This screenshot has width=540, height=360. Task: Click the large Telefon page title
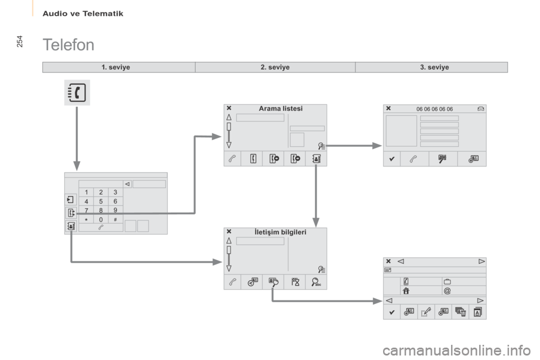click(x=68, y=45)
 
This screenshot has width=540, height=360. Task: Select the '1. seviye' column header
click(x=116, y=67)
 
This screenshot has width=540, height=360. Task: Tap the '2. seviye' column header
click(x=275, y=67)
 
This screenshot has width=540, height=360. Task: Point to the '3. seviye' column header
click(x=434, y=67)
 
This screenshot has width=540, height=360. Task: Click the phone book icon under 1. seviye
click(x=77, y=93)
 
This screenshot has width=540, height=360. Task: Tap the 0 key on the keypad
click(x=101, y=219)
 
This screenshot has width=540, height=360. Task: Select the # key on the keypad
click(x=115, y=219)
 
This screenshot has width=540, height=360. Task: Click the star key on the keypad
click(x=87, y=219)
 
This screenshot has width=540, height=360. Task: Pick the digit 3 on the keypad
click(x=115, y=192)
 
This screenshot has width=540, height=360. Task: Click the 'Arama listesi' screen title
click(x=281, y=109)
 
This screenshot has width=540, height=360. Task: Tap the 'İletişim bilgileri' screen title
click(x=280, y=232)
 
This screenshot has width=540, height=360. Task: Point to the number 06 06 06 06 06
click(x=435, y=109)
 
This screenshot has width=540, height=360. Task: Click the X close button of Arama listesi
click(x=229, y=108)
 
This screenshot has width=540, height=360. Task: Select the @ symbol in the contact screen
click(x=447, y=291)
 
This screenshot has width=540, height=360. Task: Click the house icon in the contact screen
click(x=406, y=291)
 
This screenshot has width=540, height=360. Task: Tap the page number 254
click(x=20, y=41)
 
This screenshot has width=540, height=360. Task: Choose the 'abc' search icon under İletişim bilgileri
click(x=316, y=282)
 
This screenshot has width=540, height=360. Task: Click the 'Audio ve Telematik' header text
click(x=83, y=13)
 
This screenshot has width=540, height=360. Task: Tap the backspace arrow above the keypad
click(x=128, y=184)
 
